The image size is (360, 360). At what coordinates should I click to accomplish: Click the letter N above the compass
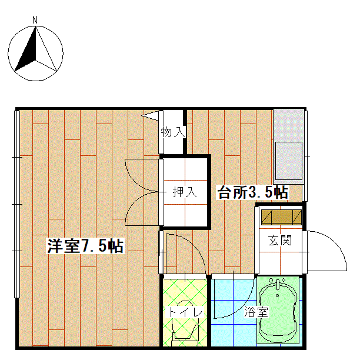point(35,20)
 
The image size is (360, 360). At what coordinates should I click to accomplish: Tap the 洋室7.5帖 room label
point(85,246)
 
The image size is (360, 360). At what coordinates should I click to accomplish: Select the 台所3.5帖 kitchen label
point(253,192)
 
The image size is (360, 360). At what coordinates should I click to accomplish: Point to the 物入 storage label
point(173,132)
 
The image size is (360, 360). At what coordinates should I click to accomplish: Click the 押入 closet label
point(185,192)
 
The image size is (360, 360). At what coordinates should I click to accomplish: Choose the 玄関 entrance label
point(280,241)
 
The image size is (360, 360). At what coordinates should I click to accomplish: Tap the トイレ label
point(185,312)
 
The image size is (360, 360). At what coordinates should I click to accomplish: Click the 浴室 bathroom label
point(256,312)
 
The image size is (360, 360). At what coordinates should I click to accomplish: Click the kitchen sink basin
point(289,161)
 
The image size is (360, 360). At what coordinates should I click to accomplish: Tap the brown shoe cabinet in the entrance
point(281,217)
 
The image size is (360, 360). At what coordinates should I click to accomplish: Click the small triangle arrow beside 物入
point(151,116)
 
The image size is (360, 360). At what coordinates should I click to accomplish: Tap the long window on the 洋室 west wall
point(16,204)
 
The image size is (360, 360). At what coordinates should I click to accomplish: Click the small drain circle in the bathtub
point(277,295)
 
